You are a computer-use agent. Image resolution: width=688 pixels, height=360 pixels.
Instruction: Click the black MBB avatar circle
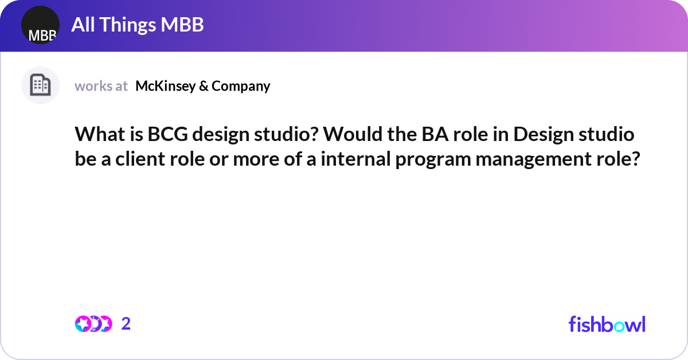click(x=40, y=25)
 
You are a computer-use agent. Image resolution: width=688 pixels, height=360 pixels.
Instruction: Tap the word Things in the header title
click(x=130, y=25)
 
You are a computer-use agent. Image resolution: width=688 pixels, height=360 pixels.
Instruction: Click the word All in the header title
click(x=83, y=25)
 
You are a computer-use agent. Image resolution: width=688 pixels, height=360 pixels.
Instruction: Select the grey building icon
click(x=40, y=85)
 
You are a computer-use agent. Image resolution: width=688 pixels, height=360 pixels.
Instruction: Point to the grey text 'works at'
click(x=101, y=86)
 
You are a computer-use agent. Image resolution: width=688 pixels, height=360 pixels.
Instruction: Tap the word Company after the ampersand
click(x=241, y=86)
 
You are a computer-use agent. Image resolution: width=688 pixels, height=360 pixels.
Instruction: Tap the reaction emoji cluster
click(x=93, y=324)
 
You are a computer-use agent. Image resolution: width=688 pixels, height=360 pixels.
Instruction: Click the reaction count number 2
click(x=126, y=324)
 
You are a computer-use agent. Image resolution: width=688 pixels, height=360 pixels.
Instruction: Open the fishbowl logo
click(x=607, y=324)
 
